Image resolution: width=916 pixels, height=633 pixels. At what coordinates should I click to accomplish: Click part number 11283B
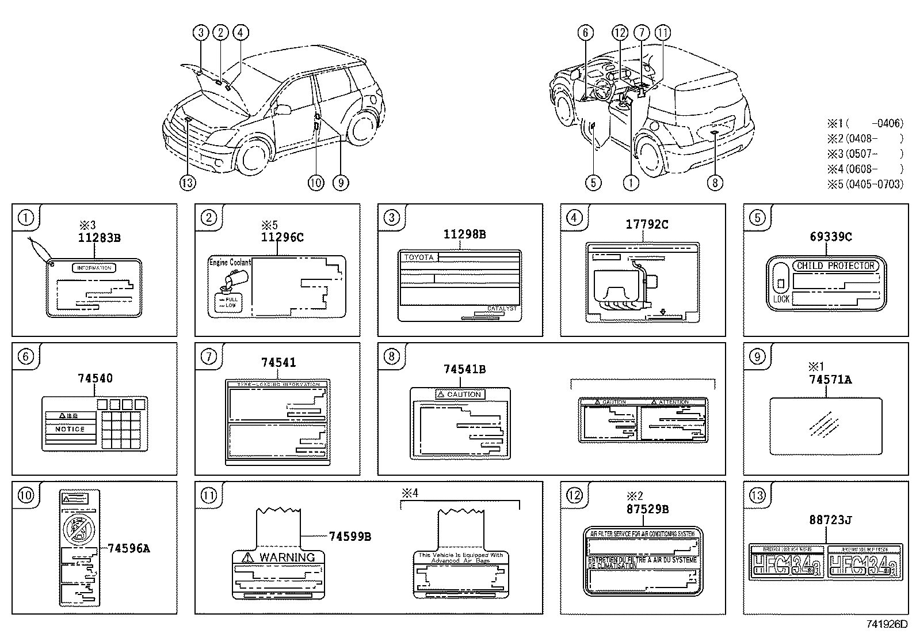tap(100, 237)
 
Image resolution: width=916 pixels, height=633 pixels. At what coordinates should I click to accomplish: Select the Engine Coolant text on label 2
tap(230, 263)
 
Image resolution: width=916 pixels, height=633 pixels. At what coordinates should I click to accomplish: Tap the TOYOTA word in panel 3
tap(418, 257)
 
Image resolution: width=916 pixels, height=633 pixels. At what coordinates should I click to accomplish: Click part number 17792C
tap(647, 225)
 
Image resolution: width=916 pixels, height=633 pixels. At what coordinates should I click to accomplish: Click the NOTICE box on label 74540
tap(70, 429)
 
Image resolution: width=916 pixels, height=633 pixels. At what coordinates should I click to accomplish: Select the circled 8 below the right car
tap(714, 183)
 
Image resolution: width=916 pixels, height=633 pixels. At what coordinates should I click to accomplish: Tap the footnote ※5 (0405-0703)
tap(865, 184)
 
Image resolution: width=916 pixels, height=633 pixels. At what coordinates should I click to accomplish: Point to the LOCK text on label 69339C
tap(781, 299)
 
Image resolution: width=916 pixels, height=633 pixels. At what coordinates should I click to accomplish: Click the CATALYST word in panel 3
tap(502, 309)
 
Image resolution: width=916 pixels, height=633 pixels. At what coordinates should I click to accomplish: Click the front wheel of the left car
tap(254, 156)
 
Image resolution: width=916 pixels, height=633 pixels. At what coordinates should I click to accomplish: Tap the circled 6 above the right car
tap(585, 33)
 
